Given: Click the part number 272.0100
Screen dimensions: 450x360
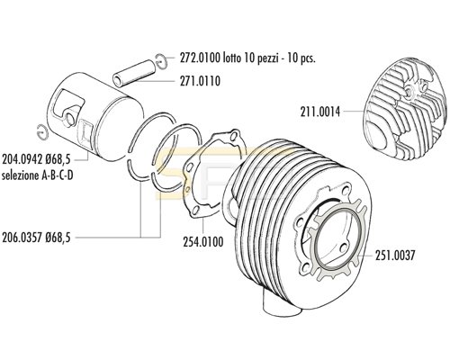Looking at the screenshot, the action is coord(200,58).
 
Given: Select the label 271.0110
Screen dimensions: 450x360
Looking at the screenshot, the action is coord(200,81).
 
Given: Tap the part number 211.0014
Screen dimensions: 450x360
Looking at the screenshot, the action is coord(320,112).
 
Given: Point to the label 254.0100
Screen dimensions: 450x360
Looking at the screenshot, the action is coord(203,241).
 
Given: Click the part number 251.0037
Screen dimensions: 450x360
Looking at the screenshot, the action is coord(395,256).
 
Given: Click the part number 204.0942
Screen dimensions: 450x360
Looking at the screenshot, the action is coord(22,159).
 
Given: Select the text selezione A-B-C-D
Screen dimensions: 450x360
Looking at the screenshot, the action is coord(38,175).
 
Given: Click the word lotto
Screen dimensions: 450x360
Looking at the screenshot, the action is coord(232,58).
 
